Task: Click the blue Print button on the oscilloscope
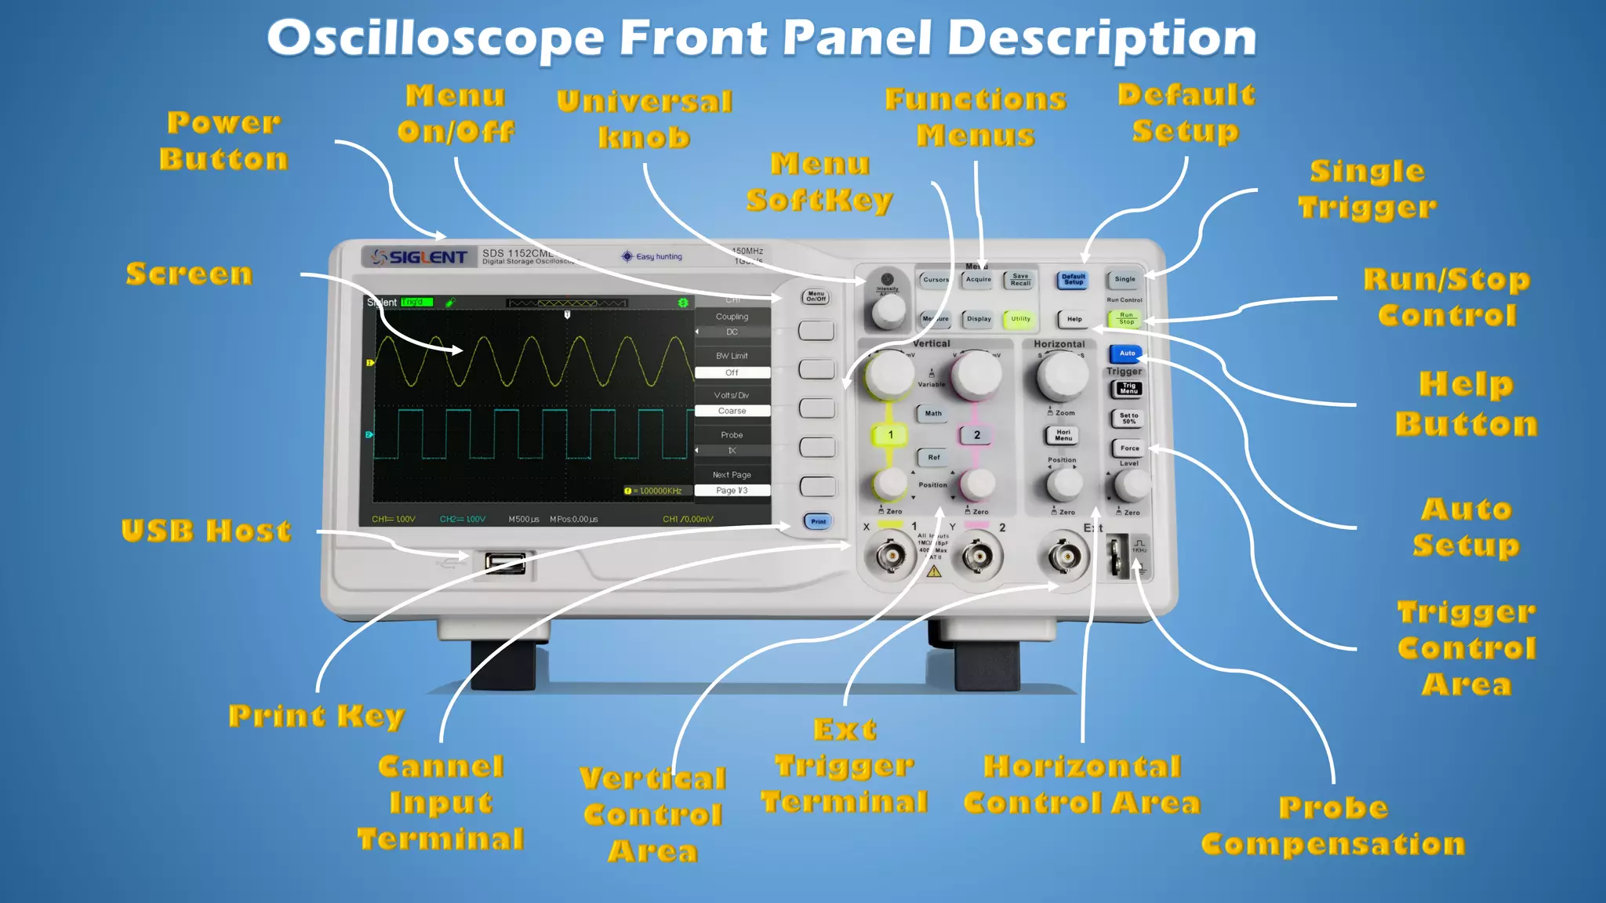[818, 521]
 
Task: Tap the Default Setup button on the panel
[1073, 280]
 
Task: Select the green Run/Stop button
[1125, 318]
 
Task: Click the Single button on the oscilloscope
[1125, 279]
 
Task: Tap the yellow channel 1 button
[890, 435]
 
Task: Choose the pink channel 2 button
[976, 435]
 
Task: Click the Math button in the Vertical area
[933, 413]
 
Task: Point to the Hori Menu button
[1063, 435]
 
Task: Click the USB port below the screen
[505, 562]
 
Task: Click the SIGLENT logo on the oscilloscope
[420, 257]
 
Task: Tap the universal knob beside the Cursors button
[888, 310]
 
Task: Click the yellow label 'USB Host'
[206, 531]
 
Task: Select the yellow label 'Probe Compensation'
[1333, 825]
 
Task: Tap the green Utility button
[1020, 319]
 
